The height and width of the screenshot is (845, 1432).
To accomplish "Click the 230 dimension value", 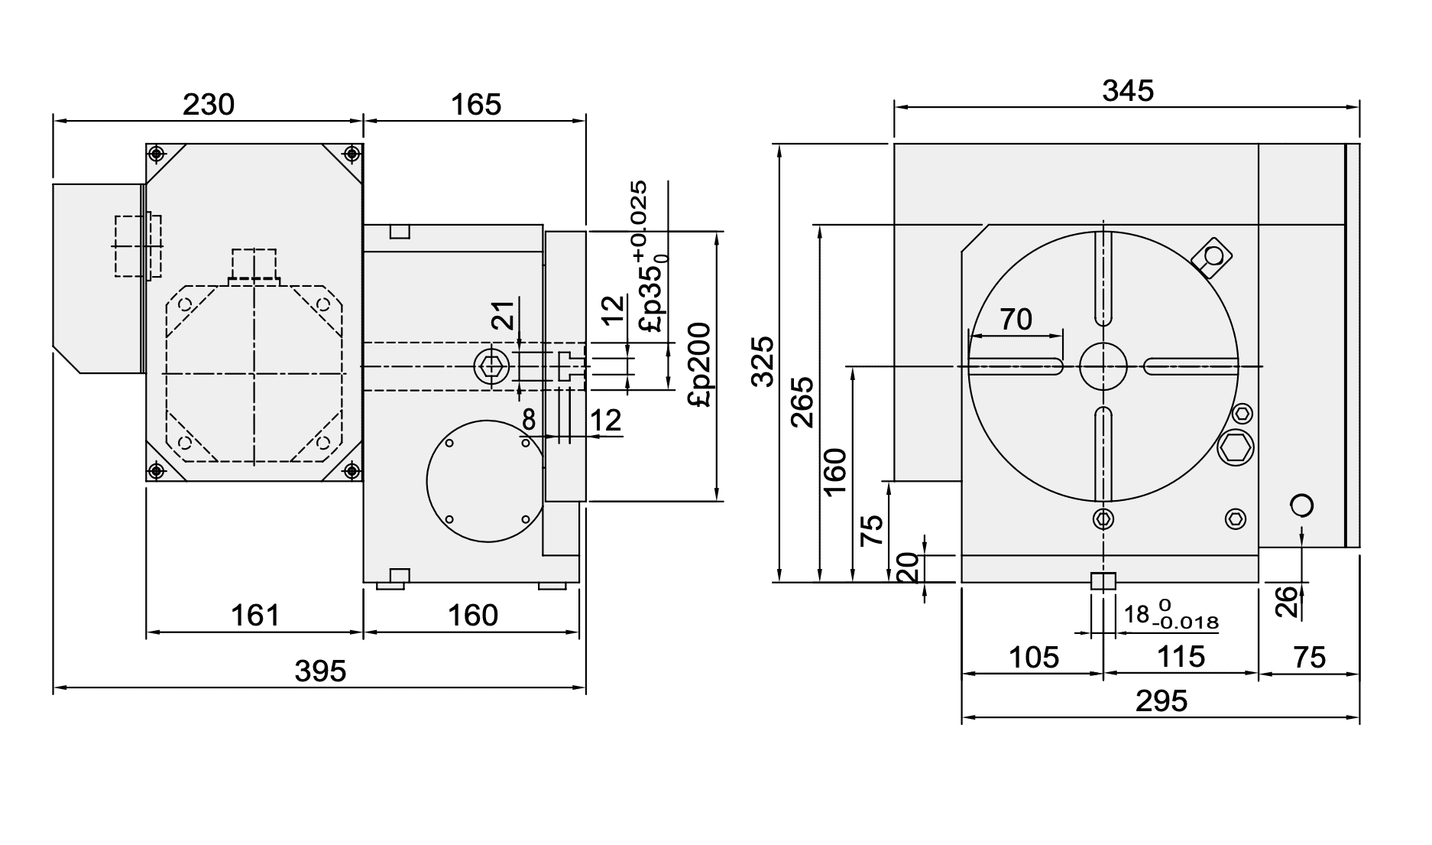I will click(x=208, y=104).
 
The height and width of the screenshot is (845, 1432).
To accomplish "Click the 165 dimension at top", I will click(x=475, y=104).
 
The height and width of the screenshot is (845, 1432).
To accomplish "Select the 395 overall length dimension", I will click(x=320, y=671).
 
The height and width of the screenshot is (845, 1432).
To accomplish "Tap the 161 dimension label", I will click(x=254, y=615).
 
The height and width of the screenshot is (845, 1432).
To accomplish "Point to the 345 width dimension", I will click(x=1127, y=90).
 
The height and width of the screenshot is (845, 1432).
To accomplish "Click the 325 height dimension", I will click(x=762, y=361).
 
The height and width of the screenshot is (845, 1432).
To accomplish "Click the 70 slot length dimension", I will click(x=1016, y=319).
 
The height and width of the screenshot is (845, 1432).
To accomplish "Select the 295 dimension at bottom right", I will click(x=1161, y=700).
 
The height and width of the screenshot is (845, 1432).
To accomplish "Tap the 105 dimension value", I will click(x=1033, y=657).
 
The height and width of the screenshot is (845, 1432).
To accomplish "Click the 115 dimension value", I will click(x=1181, y=657).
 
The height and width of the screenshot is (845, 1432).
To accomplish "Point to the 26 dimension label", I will click(x=1287, y=601).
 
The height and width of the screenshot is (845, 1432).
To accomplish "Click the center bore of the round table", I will click(x=1103, y=366).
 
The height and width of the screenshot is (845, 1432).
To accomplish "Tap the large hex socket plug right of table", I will click(x=1235, y=447).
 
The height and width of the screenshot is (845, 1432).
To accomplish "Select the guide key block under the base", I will click(x=1103, y=581).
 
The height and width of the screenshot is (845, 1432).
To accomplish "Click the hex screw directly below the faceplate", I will click(x=1103, y=519).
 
